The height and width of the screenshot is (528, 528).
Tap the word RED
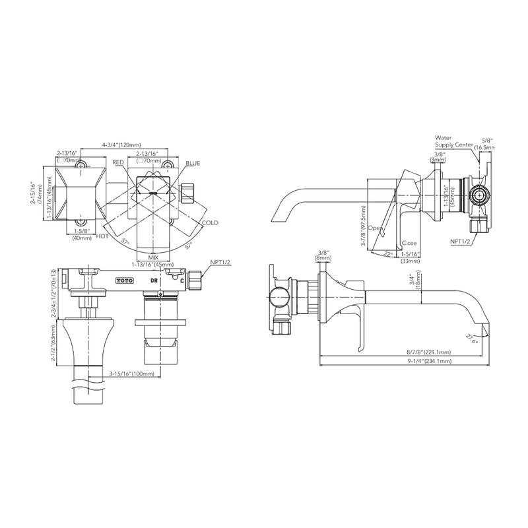[x=118, y=162]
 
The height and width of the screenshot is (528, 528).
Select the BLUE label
[x=193, y=162]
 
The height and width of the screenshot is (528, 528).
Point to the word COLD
[x=211, y=223]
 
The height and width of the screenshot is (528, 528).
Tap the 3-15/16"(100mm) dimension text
[x=131, y=374]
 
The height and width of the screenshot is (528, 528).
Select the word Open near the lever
[x=376, y=228]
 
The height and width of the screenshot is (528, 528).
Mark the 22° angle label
[x=387, y=253]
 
